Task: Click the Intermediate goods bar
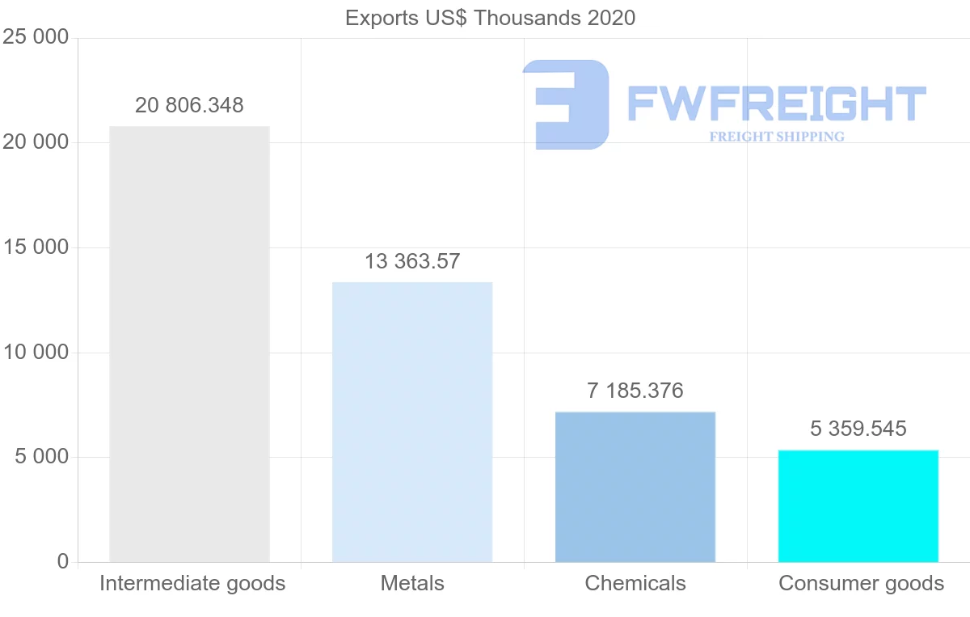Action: pos(189,344)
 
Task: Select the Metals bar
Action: pos(412,422)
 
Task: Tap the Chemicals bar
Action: pos(635,487)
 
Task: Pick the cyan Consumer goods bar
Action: pos(858,505)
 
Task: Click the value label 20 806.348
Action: pos(189,106)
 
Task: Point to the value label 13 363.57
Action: pos(412,262)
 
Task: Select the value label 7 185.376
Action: pos(635,391)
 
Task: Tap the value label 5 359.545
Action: pos(858,429)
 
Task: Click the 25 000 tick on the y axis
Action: pos(36,38)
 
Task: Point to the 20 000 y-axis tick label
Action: pos(36,143)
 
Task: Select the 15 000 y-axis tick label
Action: pos(36,247)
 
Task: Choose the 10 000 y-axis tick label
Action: pos(36,353)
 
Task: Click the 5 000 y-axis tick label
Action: pos(40,458)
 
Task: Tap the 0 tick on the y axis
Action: pos(63,562)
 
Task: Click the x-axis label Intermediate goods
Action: pos(192,583)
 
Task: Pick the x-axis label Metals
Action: pos(412,583)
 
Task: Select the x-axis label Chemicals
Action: pos(635,583)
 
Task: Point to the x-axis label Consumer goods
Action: pos(861,583)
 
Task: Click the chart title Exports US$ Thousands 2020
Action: pos(490,18)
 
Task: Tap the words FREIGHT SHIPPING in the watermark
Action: pos(777,137)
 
